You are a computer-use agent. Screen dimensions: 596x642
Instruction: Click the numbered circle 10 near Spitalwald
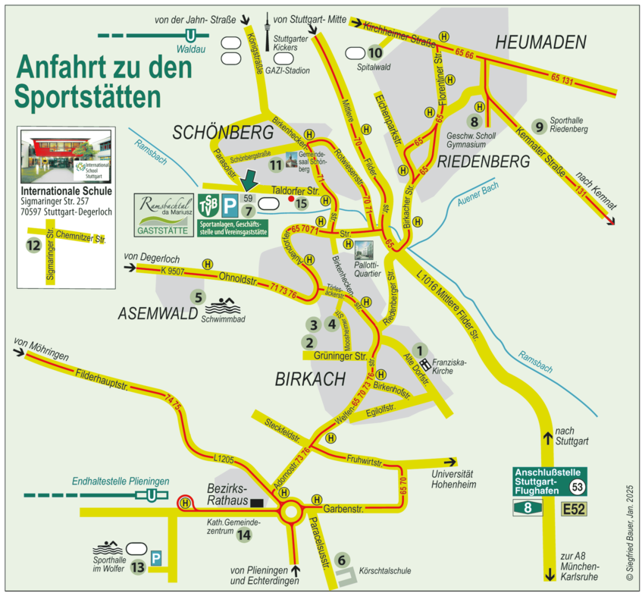[375, 53]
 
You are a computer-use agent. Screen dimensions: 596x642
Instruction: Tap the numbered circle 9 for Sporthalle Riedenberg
[540, 127]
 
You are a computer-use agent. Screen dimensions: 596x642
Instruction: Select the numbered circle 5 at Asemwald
[199, 297]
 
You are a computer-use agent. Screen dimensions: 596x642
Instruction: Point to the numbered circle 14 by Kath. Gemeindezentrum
[243, 535]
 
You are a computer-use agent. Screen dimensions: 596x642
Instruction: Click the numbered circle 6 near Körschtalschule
[342, 560]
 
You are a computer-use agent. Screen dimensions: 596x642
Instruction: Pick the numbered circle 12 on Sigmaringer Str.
[33, 245]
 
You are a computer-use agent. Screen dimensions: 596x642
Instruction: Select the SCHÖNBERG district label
[222, 133]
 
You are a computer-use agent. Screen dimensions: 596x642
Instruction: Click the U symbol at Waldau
[191, 35]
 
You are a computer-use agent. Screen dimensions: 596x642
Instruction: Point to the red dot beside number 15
[290, 199]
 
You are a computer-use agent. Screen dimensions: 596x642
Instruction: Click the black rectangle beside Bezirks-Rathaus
[258, 502]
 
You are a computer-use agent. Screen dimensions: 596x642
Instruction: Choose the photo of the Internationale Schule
[67, 156]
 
